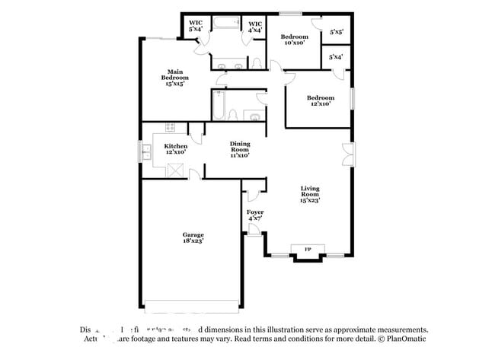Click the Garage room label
pos(193,238)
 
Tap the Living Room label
pos(309,196)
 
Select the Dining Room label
pos(240,148)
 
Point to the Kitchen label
pos(176,149)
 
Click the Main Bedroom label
pos(176,78)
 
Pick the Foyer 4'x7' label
pos(255,215)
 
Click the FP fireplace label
pos(308,250)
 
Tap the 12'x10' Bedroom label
pos(321,100)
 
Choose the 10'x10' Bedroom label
pos(294,40)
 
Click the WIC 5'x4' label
pos(195,27)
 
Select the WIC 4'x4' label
pos(255,27)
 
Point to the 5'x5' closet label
pos(336,33)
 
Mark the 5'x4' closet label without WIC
pos(336,57)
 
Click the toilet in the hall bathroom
pos(254,116)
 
